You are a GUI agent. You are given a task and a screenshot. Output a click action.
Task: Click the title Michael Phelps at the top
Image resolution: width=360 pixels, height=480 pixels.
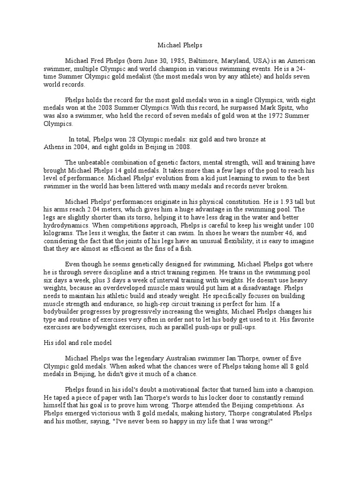coord(180,45)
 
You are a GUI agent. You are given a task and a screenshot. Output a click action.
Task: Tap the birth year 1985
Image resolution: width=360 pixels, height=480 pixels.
coord(176,61)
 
